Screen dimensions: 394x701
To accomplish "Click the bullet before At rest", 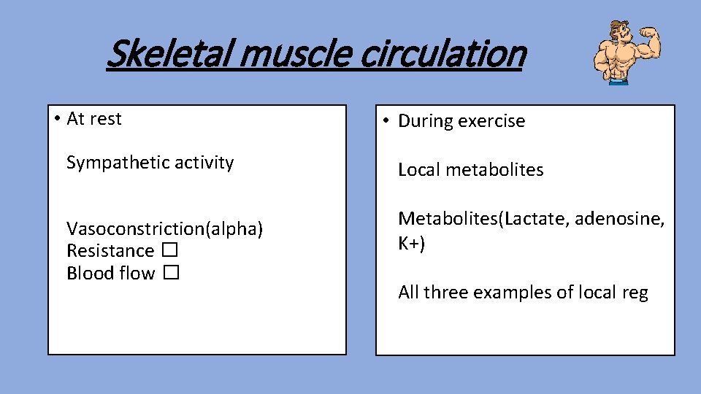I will (x=57, y=119).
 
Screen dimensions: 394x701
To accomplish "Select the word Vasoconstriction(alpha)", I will (x=164, y=229).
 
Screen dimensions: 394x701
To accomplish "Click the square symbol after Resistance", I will (x=170, y=251).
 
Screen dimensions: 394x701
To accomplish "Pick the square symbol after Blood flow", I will (x=171, y=274).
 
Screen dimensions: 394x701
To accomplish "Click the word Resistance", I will (x=110, y=251).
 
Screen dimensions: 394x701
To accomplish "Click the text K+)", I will (x=411, y=243).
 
